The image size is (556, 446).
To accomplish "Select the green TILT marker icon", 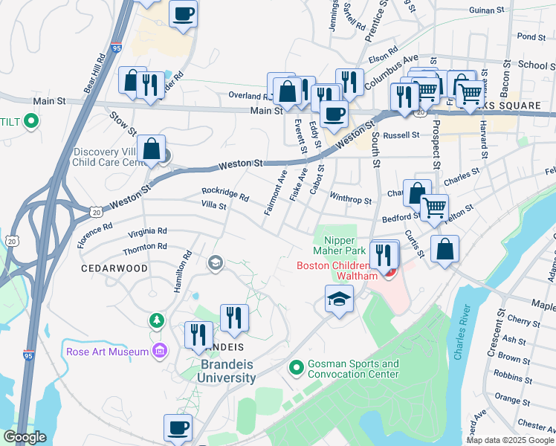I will coord(30,120).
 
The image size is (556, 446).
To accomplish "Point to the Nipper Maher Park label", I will coord(344,245).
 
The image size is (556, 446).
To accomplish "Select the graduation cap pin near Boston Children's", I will coord(339,300).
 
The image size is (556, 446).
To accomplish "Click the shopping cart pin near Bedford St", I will coord(434,207).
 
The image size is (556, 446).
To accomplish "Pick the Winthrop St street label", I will coord(350,199).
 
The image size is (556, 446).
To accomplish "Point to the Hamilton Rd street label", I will coord(183,271).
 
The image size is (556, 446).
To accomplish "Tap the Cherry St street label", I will coord(523,321).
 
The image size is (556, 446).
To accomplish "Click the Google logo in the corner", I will coord(25,437).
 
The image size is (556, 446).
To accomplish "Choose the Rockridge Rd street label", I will coord(224,194).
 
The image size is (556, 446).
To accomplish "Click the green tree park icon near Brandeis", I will coord(156,320).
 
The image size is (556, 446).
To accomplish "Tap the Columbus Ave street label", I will coord(391,72).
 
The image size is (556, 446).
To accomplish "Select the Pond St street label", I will coord(531,36).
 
